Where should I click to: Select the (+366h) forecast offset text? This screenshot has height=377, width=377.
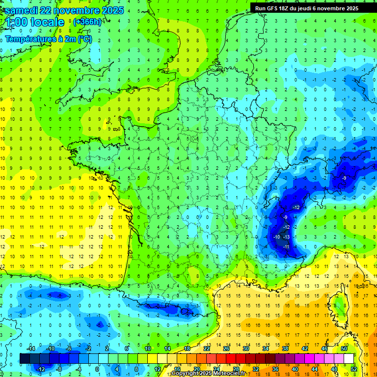click(x=86, y=22)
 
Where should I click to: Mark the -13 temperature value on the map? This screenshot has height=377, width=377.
click(x=287, y=237)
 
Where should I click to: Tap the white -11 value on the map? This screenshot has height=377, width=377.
click(x=286, y=246)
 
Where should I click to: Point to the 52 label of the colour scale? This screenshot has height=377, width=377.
click(x=354, y=369)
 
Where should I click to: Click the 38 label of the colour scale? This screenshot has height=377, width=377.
click(x=285, y=349)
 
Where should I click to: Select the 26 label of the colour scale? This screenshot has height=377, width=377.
click(x=226, y=349)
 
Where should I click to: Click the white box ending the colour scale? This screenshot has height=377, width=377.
click(x=349, y=358)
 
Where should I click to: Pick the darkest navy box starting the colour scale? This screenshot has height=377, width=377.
click(x=24, y=358)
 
